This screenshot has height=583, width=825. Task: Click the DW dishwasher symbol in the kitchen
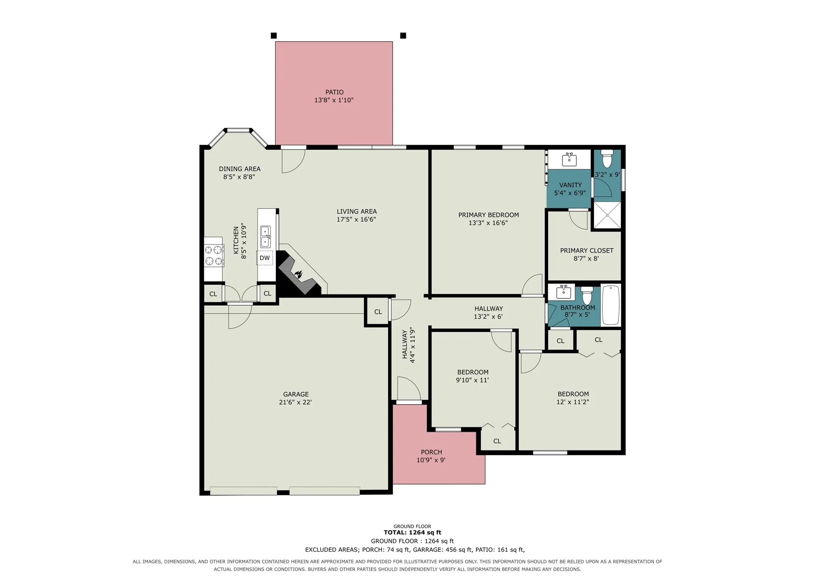(265, 258)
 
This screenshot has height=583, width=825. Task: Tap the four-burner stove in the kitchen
(214, 255)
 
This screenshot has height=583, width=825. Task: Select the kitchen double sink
(266, 237)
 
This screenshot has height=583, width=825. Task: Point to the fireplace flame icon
(298, 274)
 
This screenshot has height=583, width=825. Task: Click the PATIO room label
(334, 92)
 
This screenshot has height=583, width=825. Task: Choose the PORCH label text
(431, 452)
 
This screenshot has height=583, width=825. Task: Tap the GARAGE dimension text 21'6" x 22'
(295, 402)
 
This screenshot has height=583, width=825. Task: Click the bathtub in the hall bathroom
(611, 305)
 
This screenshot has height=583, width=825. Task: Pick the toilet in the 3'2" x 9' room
(607, 158)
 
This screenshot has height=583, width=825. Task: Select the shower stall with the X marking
(607, 215)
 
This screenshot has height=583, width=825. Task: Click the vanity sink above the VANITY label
(569, 159)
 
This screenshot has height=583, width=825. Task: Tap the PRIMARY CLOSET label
(587, 251)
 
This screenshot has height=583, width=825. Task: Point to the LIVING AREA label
(357, 212)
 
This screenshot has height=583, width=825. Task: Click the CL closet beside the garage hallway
(378, 312)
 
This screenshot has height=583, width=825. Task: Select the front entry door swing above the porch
(409, 389)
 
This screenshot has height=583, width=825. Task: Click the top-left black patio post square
(274, 36)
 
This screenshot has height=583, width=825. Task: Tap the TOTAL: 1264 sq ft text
(412, 533)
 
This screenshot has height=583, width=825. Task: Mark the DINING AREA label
(240, 169)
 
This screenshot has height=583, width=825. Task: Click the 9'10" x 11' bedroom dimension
(473, 380)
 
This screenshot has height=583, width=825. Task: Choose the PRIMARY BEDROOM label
(489, 215)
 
